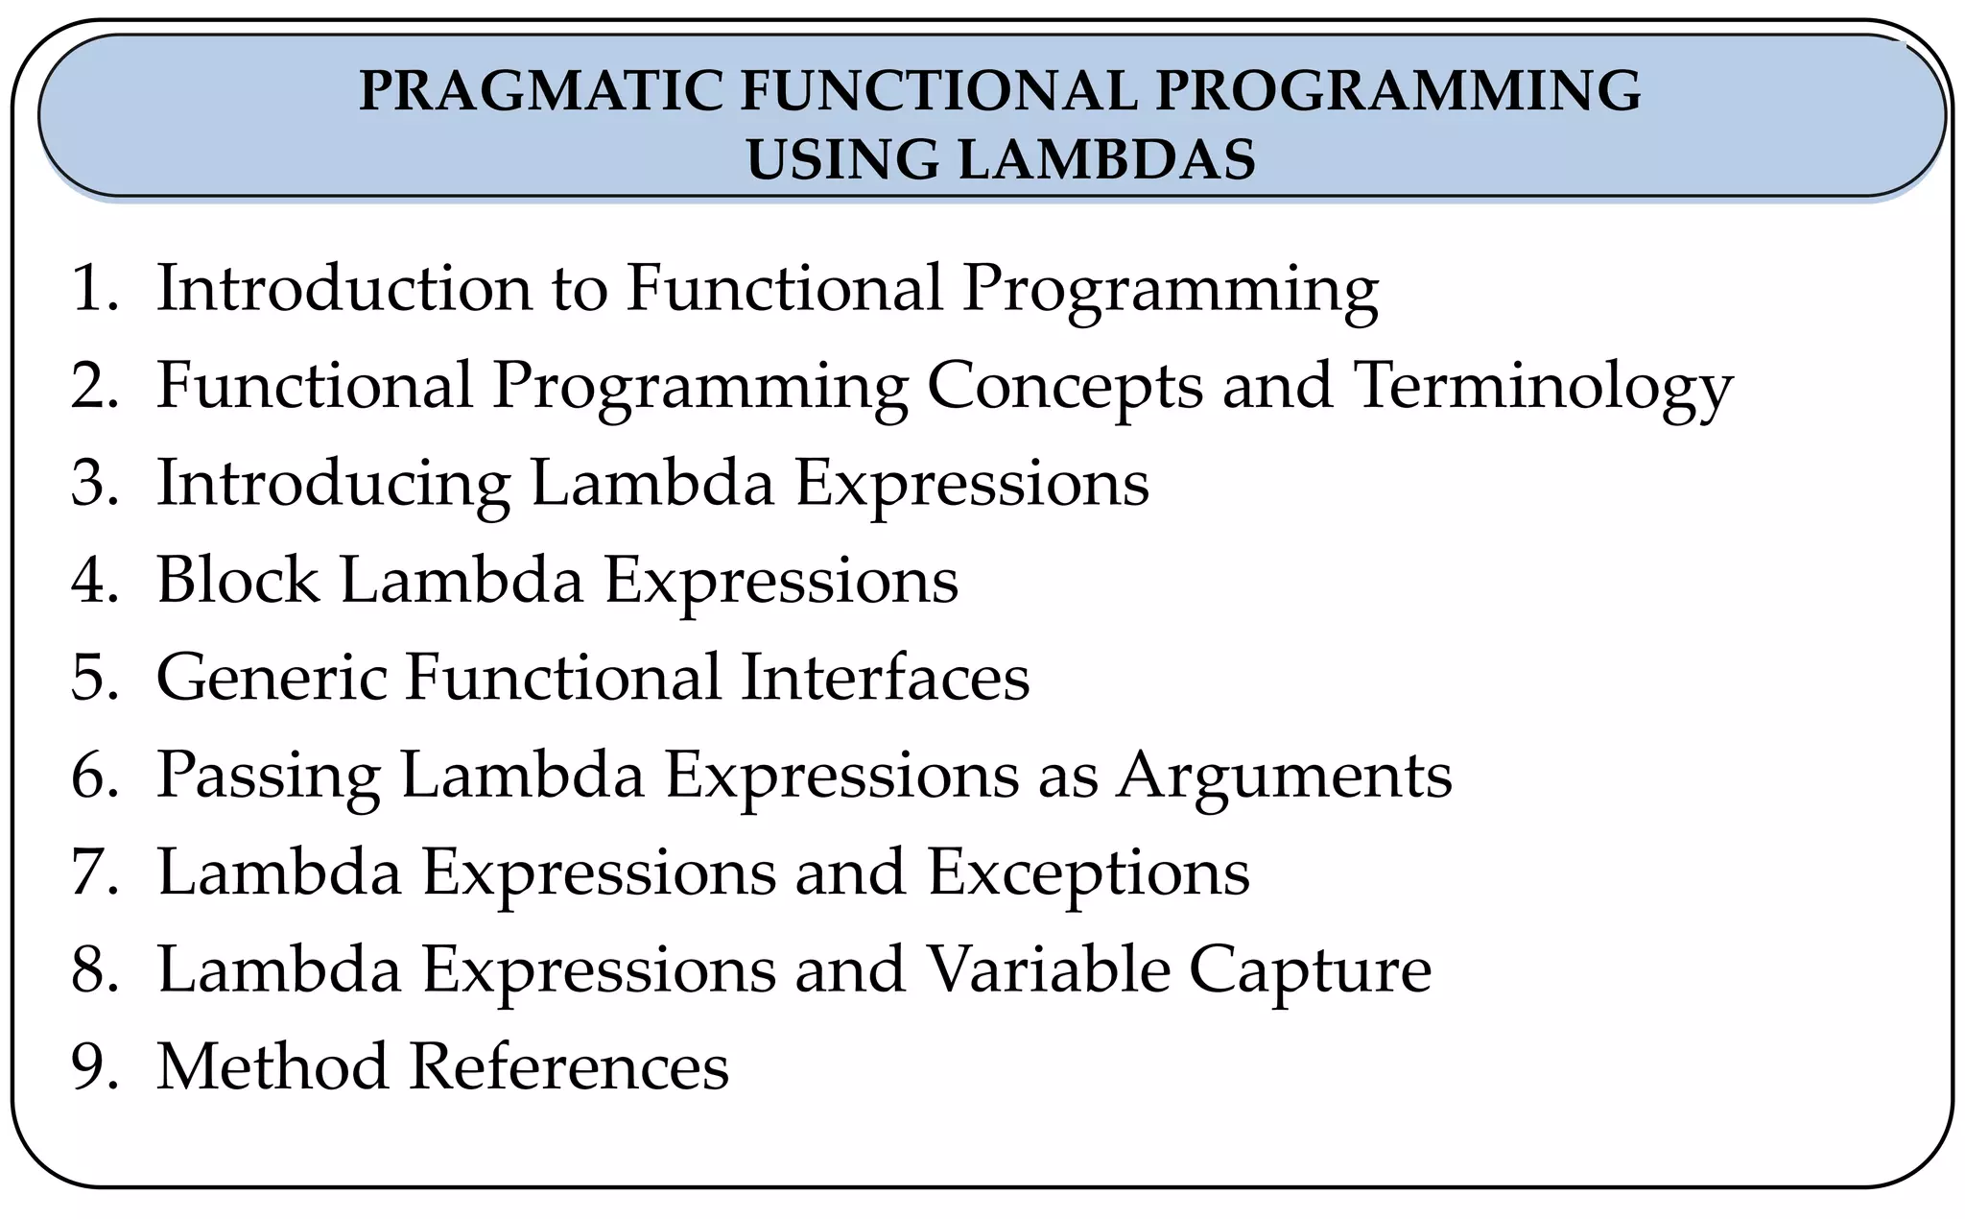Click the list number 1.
coord(92,288)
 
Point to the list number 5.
coord(92,678)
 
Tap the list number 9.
coord(92,1067)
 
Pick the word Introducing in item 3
coord(333,484)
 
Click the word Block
coord(238,581)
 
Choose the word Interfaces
coord(885,678)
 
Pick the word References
coord(569,1067)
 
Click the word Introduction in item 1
coord(343,288)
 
